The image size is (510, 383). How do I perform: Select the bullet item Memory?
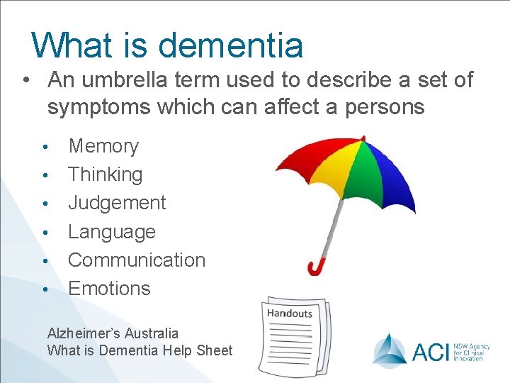(x=103, y=146)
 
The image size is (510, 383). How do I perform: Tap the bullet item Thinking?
(x=105, y=174)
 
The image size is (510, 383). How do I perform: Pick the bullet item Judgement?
(x=117, y=203)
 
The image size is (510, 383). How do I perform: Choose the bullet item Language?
(x=111, y=231)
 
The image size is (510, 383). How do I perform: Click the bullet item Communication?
(x=136, y=260)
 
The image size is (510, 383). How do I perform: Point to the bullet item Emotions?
(x=109, y=288)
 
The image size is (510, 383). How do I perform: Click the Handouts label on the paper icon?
(x=289, y=313)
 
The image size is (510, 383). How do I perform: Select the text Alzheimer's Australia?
(x=113, y=333)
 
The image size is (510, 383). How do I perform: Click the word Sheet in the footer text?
(x=215, y=350)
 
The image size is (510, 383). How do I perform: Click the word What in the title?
(x=69, y=45)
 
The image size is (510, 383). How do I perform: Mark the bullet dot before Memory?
(x=45, y=148)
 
